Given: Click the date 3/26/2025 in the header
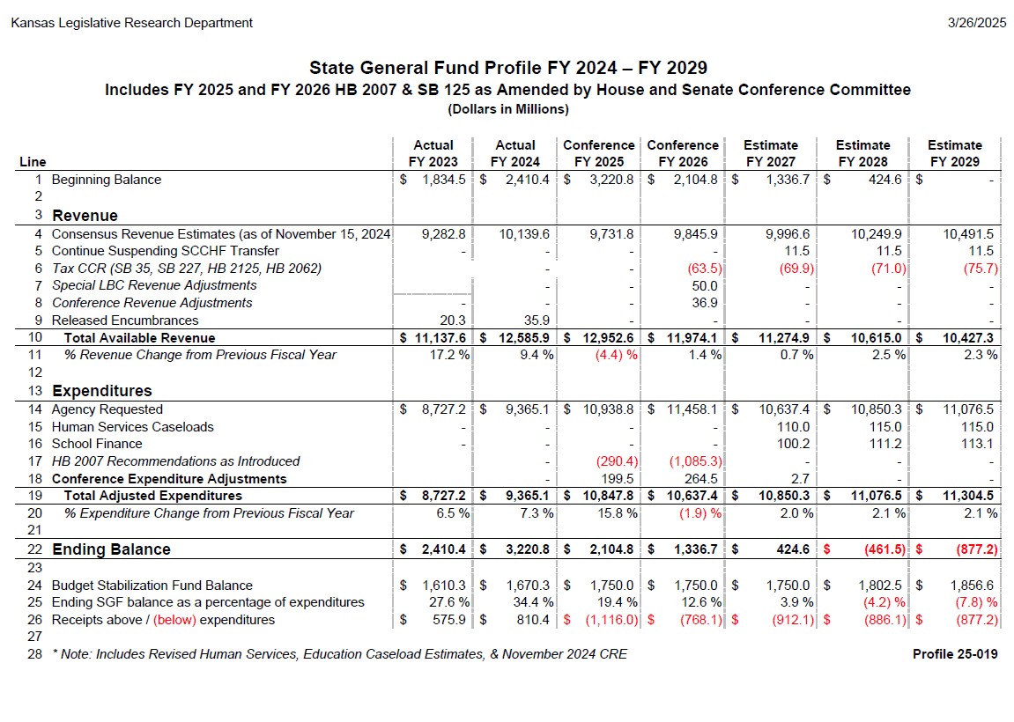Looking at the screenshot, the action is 976,23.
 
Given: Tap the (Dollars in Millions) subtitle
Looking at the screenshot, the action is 508,109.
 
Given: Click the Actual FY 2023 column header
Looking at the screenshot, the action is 433,153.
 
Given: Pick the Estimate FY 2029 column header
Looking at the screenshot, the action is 954,153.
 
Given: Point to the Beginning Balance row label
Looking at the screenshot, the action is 106,180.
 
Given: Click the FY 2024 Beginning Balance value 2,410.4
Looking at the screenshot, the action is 527,180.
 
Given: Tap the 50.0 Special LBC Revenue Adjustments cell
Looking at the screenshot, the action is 704,285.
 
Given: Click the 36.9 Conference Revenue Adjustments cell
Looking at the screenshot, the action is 704,303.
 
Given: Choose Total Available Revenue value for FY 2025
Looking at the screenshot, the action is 608,338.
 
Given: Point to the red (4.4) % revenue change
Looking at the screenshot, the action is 617,355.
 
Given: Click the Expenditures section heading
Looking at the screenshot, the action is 102,391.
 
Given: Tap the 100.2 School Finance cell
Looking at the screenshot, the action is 793,444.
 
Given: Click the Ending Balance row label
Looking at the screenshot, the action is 111,549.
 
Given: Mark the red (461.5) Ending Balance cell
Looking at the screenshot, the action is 884,549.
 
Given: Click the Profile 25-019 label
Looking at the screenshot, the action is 955,654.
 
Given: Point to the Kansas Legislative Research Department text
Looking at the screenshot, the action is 132,23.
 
